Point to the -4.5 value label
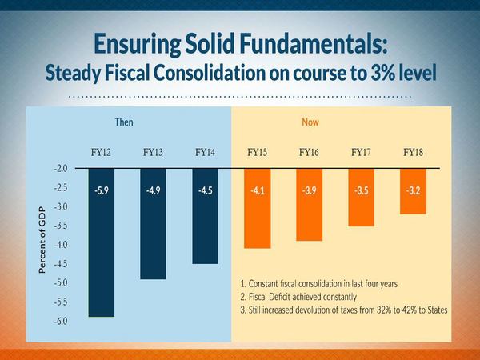pyautogui.click(x=206, y=191)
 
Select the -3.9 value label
pyautogui.click(x=310, y=191)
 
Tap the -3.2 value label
pyautogui.click(x=413, y=191)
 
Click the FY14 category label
pyautogui.click(x=206, y=152)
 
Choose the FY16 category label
pyautogui.click(x=310, y=152)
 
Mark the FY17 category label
pyautogui.click(x=362, y=152)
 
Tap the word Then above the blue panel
pyautogui.click(x=123, y=123)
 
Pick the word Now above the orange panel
pyautogui.click(x=310, y=123)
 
